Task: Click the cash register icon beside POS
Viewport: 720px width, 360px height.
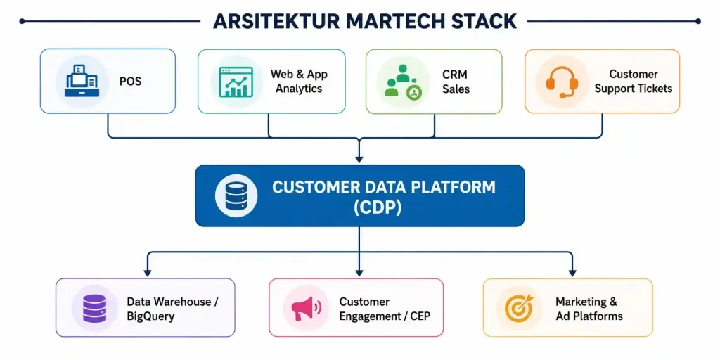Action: [x=82, y=81]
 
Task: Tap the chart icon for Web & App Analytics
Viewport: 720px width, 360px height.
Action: [x=236, y=82]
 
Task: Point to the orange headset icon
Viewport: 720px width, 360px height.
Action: [x=562, y=82]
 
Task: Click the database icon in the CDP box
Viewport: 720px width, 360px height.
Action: [x=236, y=195]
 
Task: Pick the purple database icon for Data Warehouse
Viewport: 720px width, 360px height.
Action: [x=95, y=308]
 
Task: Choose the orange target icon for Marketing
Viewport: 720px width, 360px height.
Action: [x=519, y=308]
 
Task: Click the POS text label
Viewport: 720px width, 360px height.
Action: [x=130, y=82]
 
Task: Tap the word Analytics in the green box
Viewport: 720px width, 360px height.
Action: [x=299, y=89]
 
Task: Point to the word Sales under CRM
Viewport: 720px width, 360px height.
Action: [x=456, y=89]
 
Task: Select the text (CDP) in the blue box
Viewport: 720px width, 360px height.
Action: [x=378, y=207]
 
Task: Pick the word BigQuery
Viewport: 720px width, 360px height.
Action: [x=150, y=316]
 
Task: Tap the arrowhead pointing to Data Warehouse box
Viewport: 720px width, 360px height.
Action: [x=147, y=273]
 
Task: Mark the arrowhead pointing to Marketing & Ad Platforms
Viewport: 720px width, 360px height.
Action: [x=572, y=273]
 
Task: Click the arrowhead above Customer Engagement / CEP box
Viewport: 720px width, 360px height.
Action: [x=359, y=273]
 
